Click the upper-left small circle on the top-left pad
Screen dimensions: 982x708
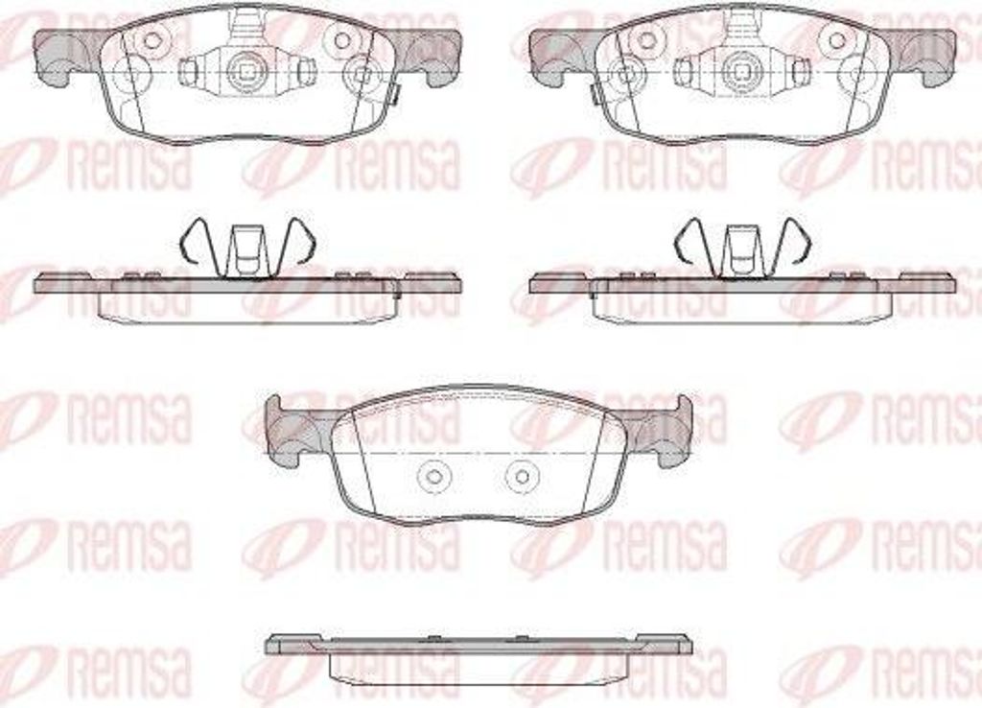coord(152,40)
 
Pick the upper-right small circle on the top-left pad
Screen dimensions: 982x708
coord(342,40)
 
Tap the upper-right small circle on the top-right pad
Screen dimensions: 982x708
coord(837,40)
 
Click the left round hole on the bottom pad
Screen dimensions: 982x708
coord(431,476)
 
